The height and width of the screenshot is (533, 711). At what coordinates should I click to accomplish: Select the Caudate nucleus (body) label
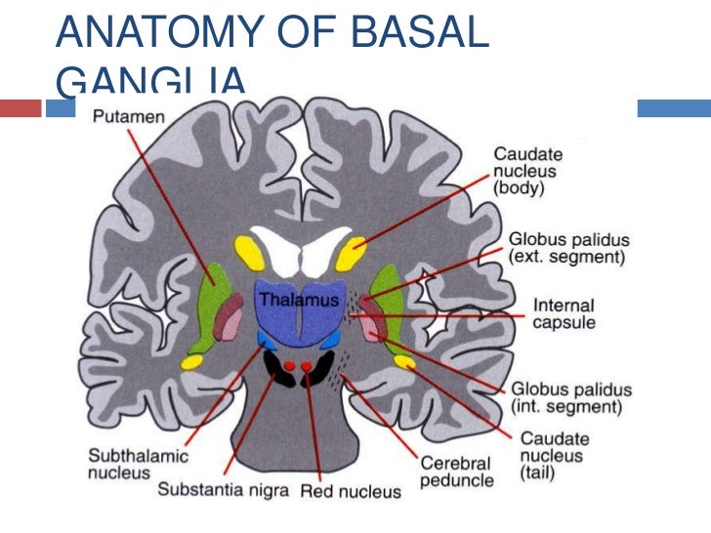pyautogui.click(x=528, y=171)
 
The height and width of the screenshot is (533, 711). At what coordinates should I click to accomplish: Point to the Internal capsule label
pyautogui.click(x=563, y=313)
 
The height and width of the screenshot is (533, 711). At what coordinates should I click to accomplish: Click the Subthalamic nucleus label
pyautogui.click(x=125, y=464)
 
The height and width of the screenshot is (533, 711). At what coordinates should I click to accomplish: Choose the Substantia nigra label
pyautogui.click(x=224, y=489)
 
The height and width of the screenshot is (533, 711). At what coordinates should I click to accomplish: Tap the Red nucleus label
pyautogui.click(x=351, y=490)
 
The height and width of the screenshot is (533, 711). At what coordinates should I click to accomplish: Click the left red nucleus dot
pyautogui.click(x=289, y=367)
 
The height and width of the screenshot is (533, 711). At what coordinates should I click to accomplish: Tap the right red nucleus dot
pyautogui.click(x=307, y=367)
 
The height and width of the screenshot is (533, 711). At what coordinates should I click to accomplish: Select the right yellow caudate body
pyautogui.click(x=352, y=253)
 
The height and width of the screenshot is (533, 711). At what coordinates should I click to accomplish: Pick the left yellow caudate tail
pyautogui.click(x=191, y=362)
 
